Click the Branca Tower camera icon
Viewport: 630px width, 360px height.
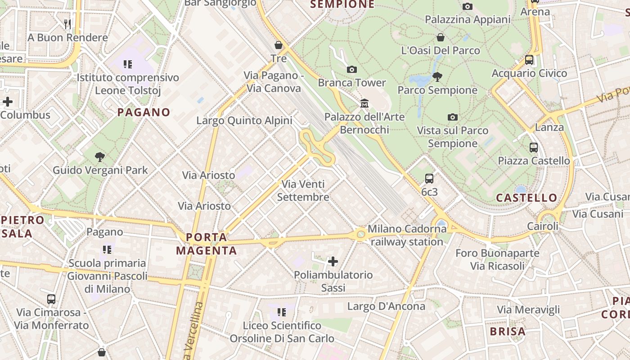point(352,69)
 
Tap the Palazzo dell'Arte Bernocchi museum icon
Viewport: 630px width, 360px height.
point(364,103)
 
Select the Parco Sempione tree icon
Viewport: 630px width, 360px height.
point(437,77)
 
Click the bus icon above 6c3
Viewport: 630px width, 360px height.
point(429,178)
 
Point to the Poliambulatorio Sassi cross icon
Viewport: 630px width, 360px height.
point(333,261)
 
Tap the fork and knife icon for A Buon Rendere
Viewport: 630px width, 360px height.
point(67,24)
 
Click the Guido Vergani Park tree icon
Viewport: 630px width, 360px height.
point(100,157)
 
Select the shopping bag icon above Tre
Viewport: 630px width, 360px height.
point(279,45)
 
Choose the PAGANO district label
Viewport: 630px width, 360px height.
point(144,112)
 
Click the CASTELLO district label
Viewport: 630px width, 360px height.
point(526,198)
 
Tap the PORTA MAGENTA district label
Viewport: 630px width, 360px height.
point(207,244)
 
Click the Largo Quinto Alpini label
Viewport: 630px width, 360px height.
point(244,121)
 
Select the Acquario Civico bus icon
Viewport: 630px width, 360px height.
point(529,59)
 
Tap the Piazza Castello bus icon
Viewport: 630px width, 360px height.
point(534,147)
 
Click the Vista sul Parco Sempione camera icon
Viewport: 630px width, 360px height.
point(453,117)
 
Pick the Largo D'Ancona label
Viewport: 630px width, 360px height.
point(386,306)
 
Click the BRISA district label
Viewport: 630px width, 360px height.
point(508,332)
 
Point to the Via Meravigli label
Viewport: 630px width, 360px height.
point(528,310)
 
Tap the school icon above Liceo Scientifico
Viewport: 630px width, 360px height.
point(282,312)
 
